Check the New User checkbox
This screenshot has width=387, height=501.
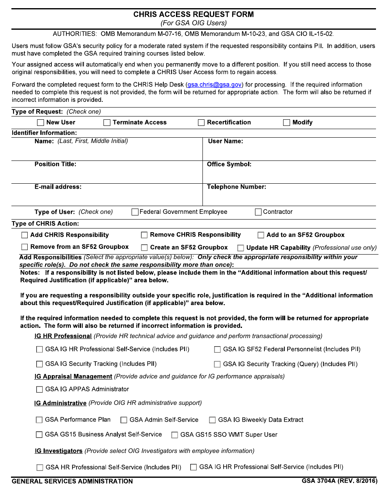[x=41, y=123]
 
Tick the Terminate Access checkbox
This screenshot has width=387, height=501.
[x=107, y=123]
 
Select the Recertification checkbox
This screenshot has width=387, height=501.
[x=201, y=123]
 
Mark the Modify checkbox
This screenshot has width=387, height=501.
[x=287, y=123]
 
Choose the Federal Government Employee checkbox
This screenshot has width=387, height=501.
[x=135, y=212]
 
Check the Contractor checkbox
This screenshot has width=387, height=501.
[x=258, y=212]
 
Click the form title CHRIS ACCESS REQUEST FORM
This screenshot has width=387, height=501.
[x=193, y=14]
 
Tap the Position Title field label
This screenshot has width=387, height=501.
[x=55, y=165]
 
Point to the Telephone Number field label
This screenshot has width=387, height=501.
[x=236, y=187]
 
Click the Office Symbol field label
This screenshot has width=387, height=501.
[x=229, y=165]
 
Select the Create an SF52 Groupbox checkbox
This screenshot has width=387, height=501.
[x=144, y=248]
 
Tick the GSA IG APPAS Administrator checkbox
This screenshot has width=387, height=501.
[x=40, y=389]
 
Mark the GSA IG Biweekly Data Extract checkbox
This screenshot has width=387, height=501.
[x=212, y=420]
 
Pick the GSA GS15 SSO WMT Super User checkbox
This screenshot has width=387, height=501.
[x=174, y=435]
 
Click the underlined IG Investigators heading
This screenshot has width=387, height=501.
[x=59, y=451]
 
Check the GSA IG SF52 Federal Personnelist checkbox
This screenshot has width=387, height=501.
[x=218, y=349]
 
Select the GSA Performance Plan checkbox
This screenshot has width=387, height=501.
[x=39, y=420]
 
